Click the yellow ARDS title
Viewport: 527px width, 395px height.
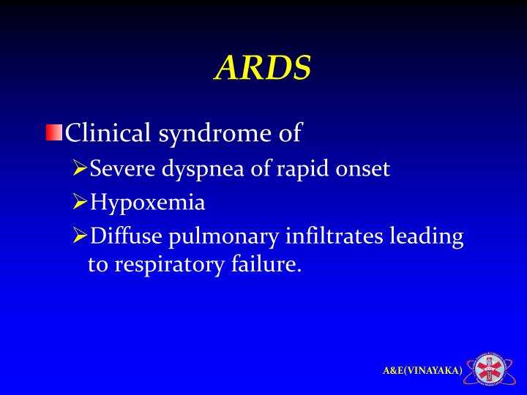click(263, 69)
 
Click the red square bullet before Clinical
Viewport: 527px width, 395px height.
click(54, 133)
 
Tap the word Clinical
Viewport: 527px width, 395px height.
click(108, 133)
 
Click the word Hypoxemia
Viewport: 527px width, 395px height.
click(147, 203)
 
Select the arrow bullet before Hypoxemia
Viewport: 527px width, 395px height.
click(80, 202)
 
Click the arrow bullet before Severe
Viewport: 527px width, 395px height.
click(80, 169)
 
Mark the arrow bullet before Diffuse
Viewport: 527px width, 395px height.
click(80, 236)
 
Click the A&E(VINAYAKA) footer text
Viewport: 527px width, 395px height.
click(422, 371)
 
